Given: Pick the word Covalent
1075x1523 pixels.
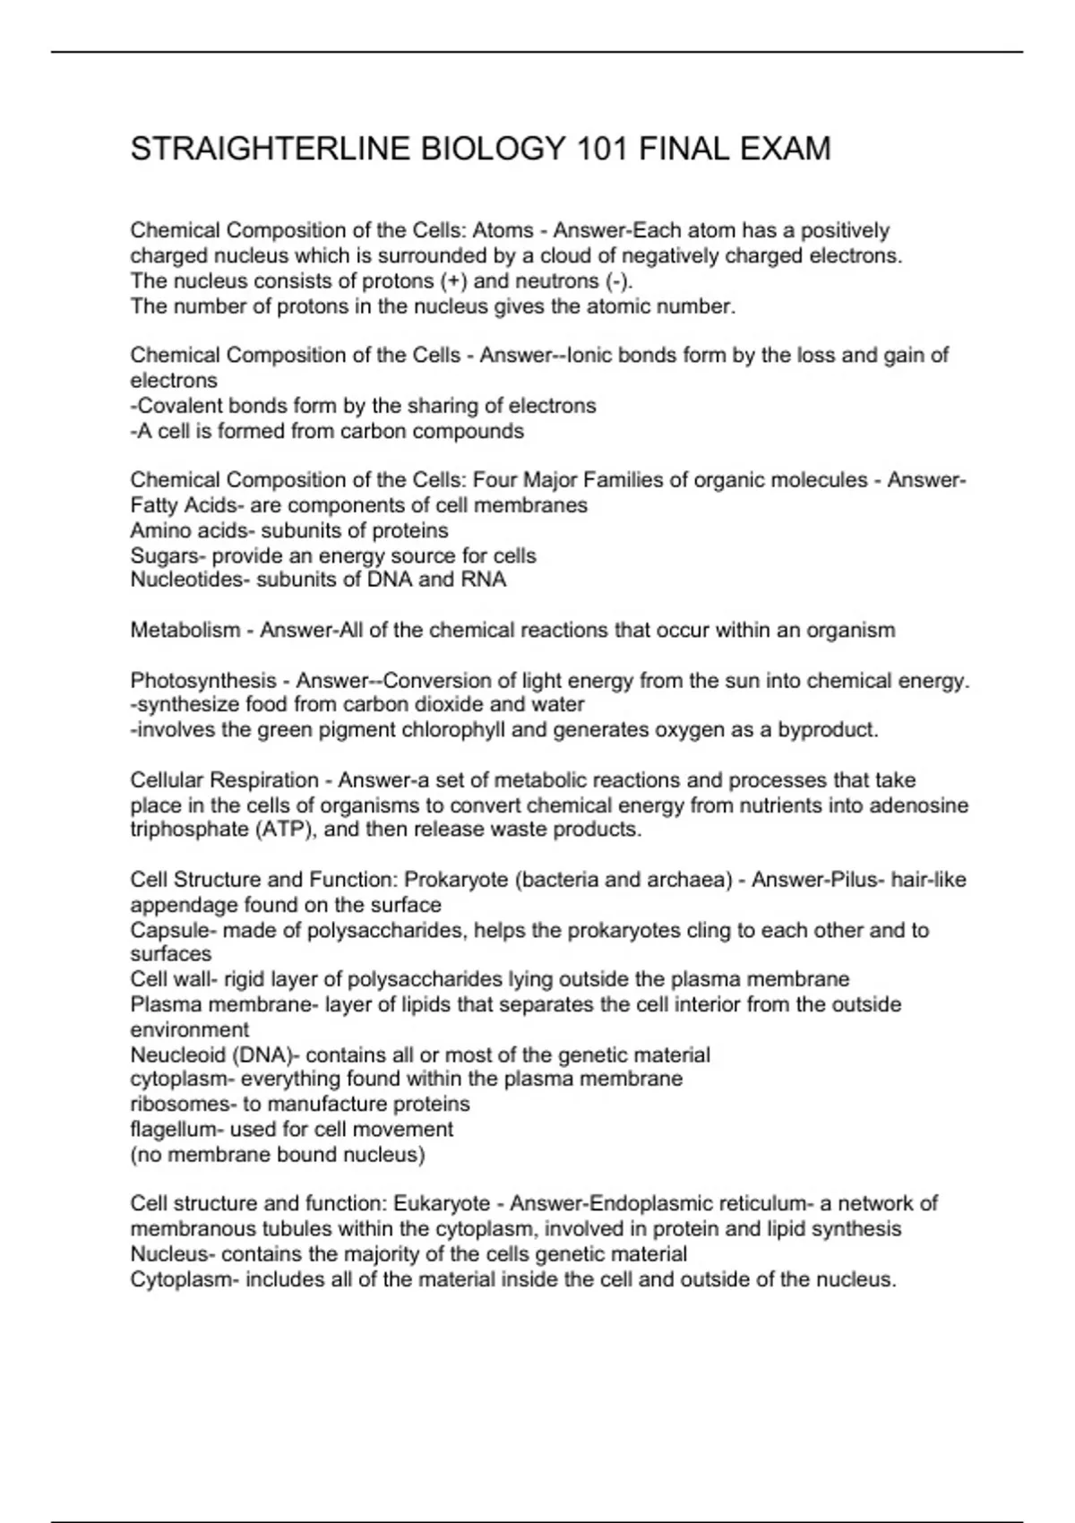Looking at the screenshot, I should tap(183, 406).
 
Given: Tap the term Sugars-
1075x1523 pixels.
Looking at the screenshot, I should tap(168, 555).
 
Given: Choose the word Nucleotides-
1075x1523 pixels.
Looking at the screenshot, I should tap(190, 580).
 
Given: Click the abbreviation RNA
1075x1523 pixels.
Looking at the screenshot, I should tap(484, 580).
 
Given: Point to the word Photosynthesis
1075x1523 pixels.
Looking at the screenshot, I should tap(203, 681).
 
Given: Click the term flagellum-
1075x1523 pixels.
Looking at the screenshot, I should tap(177, 1130).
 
